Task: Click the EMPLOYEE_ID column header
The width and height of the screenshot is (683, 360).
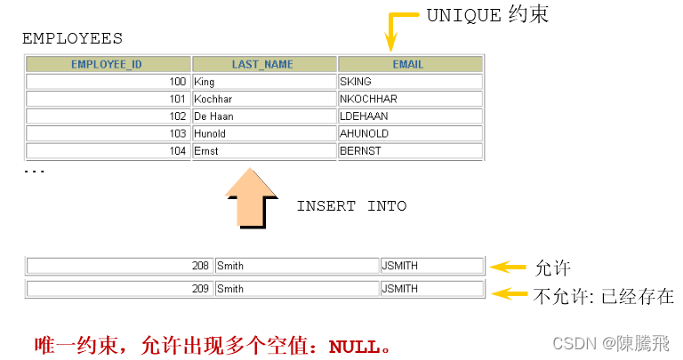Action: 108,64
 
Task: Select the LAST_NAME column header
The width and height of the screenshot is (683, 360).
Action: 263,64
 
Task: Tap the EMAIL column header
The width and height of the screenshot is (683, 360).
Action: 409,64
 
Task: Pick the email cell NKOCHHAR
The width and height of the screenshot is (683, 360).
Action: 410,99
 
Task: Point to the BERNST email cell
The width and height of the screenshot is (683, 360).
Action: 410,151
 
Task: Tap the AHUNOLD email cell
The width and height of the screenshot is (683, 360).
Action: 410,133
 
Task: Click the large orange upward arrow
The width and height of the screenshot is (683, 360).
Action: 252,199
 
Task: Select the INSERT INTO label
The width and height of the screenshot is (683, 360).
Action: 351,206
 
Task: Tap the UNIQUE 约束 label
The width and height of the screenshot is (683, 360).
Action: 487,14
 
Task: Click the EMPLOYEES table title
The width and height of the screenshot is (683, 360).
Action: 72,39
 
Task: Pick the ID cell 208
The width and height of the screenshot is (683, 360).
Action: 119,265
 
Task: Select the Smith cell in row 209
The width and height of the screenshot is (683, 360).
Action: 297,289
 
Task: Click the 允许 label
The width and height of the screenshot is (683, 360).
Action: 552,268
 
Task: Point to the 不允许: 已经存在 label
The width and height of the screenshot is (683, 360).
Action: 603,296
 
